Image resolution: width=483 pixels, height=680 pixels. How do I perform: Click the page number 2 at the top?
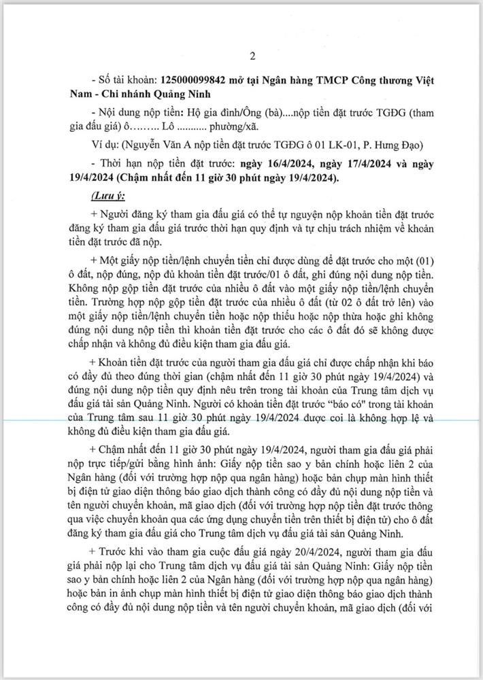(x=241, y=56)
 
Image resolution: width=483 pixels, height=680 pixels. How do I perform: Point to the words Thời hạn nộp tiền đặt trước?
(x=165, y=164)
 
